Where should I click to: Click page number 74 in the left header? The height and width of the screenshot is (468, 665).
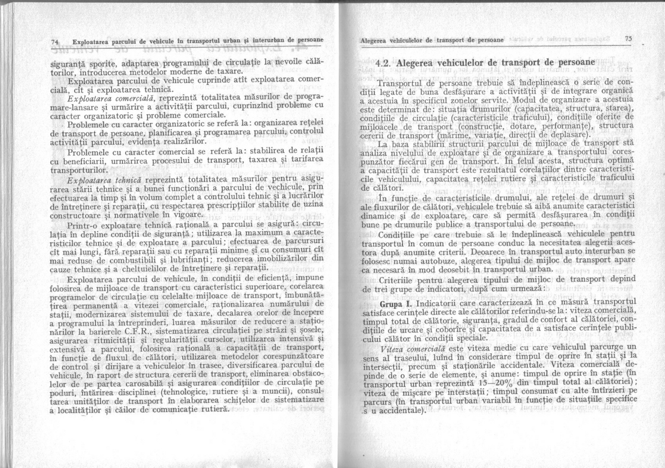[55, 42]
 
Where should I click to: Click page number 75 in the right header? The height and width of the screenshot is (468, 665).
[628, 39]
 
